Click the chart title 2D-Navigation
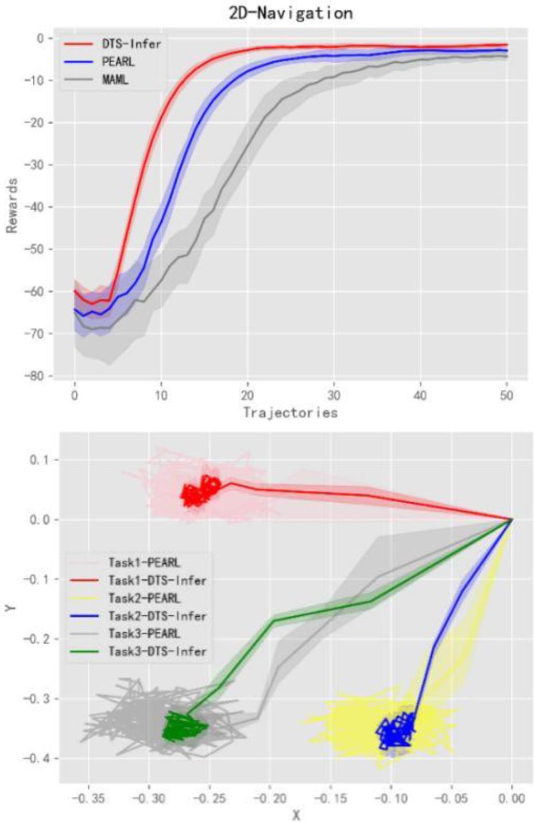tap(291, 13)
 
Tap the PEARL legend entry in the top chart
tap(118, 61)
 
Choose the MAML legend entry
tap(115, 79)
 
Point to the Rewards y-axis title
tap(11, 206)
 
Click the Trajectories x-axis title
tap(290, 412)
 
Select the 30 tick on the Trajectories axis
tap(334, 395)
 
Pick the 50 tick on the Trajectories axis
tap(506, 395)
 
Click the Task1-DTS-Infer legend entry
tap(157, 580)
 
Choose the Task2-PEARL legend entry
tap(144, 598)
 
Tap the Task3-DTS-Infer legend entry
tap(157, 651)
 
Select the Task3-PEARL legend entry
tap(144, 634)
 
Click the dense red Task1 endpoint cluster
tap(200, 492)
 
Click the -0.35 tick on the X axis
tap(88, 798)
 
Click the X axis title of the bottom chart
tap(296, 815)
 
